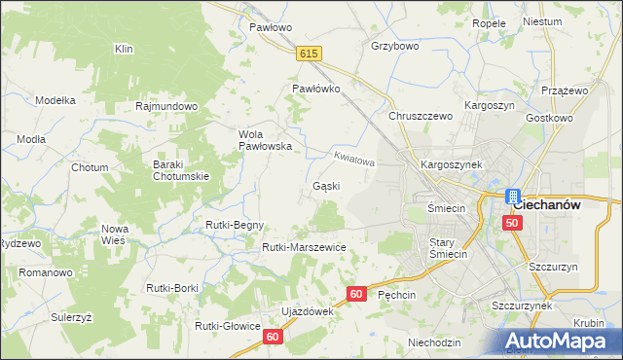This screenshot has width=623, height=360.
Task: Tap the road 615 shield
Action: click(x=310, y=54)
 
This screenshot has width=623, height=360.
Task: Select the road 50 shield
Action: click(x=513, y=223)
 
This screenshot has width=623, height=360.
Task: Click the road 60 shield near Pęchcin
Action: click(x=355, y=293)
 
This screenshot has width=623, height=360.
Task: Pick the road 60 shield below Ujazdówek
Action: click(x=274, y=336)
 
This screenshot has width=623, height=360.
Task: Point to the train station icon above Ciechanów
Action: click(x=513, y=195)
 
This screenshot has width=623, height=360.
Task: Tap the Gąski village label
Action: click(x=326, y=185)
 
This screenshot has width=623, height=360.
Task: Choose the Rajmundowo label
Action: click(x=167, y=106)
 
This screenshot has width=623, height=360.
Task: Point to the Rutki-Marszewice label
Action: click(x=304, y=247)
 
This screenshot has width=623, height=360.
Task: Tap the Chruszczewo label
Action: click(x=421, y=116)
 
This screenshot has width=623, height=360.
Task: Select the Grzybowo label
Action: click(x=394, y=46)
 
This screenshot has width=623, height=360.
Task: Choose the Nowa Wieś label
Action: click(x=115, y=234)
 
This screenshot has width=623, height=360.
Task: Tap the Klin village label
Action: click(x=124, y=49)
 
